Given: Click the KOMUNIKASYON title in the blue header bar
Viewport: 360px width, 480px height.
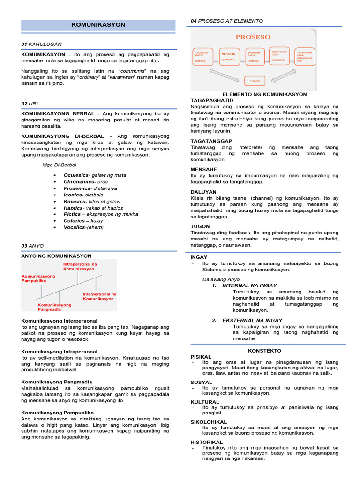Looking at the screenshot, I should tap(98, 24).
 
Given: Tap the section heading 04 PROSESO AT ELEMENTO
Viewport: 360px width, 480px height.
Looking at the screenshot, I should tap(226, 21).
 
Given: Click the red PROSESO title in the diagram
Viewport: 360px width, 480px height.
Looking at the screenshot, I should tap(253, 37).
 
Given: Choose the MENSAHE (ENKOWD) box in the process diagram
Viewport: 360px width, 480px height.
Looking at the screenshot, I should tap(228, 57).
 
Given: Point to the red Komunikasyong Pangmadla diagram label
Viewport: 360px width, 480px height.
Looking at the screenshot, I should tap(54, 307).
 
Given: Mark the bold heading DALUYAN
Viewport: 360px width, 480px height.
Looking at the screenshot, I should tap(203, 192).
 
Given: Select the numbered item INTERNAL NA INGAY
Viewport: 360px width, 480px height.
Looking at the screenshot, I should tap(249, 285).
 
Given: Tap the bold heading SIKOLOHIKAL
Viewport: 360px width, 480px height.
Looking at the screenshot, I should tap(209, 422).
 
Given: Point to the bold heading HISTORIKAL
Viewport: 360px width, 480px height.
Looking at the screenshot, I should tap(207, 442).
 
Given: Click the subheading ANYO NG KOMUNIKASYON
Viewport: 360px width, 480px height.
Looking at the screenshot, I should tap(56, 256).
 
